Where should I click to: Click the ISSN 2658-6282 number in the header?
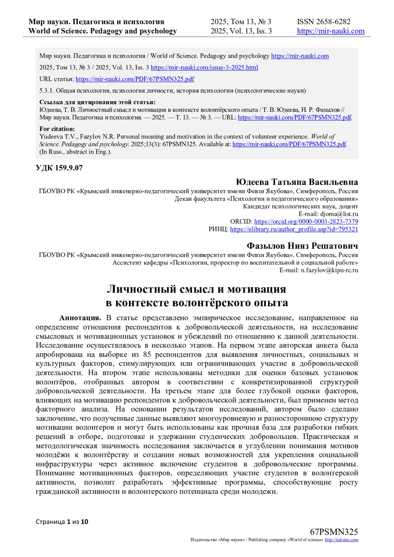323,22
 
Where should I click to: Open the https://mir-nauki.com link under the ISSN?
331,31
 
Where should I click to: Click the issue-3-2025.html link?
204,68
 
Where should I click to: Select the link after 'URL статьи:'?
135,79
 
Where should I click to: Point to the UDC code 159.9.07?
59,168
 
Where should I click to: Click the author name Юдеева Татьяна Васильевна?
296,182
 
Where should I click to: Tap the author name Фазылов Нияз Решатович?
302,246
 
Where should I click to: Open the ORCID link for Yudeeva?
306,222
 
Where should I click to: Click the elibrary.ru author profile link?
294,229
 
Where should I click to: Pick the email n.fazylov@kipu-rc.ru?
329,270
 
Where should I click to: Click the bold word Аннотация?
80,318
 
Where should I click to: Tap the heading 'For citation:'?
57,129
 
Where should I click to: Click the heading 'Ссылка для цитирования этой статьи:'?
97,102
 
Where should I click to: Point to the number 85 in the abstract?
147,354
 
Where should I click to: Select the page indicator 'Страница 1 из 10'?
62,522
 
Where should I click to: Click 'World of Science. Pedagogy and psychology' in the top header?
102,31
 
